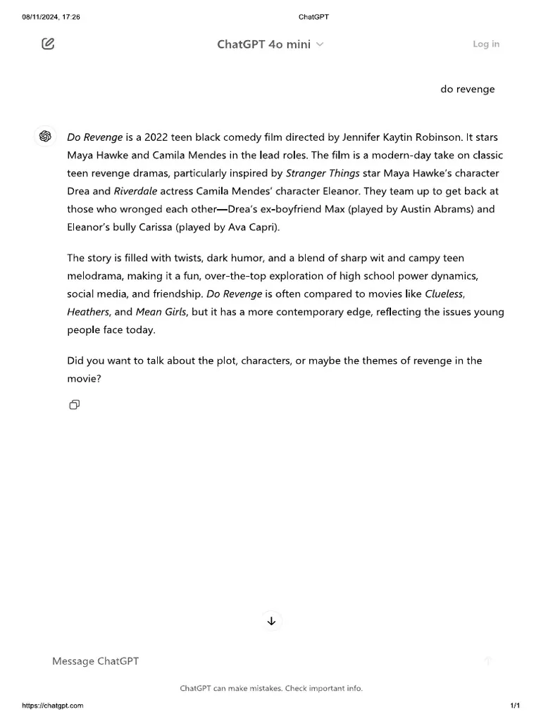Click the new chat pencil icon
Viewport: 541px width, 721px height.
pyautogui.click(x=48, y=44)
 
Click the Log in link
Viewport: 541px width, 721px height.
pyautogui.click(x=486, y=44)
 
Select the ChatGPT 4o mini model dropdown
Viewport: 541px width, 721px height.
pyautogui.click(x=270, y=44)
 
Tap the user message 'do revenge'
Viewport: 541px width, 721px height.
pyautogui.click(x=468, y=89)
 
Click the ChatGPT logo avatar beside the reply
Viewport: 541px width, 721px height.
pyautogui.click(x=46, y=137)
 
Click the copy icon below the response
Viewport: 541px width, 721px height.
pyautogui.click(x=74, y=405)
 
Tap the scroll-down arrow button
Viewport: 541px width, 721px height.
pyautogui.click(x=271, y=621)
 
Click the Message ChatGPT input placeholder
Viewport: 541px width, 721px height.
pyautogui.click(x=96, y=661)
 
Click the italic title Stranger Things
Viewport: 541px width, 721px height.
pyautogui.click(x=323, y=173)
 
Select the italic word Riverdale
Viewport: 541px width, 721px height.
pyautogui.click(x=136, y=192)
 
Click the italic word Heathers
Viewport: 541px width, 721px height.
pyautogui.click(x=88, y=312)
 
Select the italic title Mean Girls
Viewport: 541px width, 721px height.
pyautogui.click(x=161, y=312)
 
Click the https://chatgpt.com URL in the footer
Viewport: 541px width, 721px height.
pyautogui.click(x=53, y=706)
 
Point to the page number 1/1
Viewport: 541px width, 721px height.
pyautogui.click(x=515, y=706)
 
